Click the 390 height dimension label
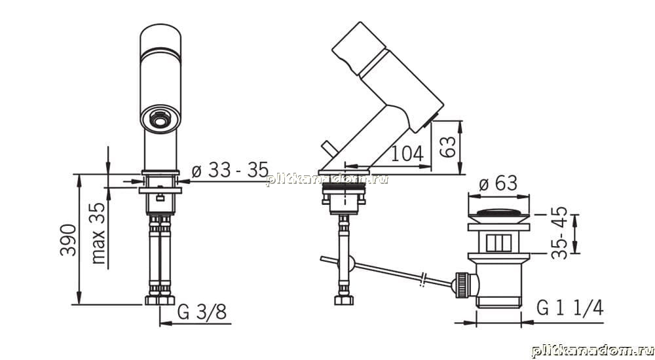click(69, 240)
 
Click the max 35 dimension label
click(99, 233)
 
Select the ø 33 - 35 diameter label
click(230, 170)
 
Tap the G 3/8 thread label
click(202, 312)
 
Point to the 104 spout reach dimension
click(407, 154)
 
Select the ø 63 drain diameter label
click(498, 183)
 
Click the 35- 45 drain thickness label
click(559, 232)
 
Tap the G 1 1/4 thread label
click(570, 309)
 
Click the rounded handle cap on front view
click(160, 41)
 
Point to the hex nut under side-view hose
click(344, 299)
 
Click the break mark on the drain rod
click(423, 279)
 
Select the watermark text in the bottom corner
click(592, 351)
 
